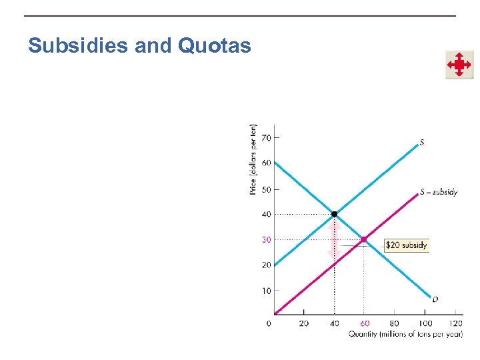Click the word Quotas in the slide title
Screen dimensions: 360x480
pyautogui.click(x=215, y=46)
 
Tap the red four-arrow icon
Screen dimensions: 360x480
pyautogui.click(x=459, y=65)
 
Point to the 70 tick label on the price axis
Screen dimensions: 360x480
pyautogui.click(x=266, y=138)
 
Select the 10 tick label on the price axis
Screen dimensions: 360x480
pyautogui.click(x=266, y=291)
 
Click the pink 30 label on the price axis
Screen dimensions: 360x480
pyautogui.click(x=266, y=240)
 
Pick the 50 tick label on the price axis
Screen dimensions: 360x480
pyautogui.click(x=266, y=189)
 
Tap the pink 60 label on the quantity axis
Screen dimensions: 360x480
pyautogui.click(x=365, y=323)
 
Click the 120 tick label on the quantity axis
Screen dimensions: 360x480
pyautogui.click(x=456, y=323)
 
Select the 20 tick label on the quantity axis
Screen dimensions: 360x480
pyautogui.click(x=304, y=323)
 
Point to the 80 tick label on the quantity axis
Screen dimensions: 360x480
pyautogui.click(x=395, y=323)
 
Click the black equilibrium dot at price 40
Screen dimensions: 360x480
pyautogui.click(x=335, y=214)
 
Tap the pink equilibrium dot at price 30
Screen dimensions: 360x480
pyautogui.click(x=363, y=239)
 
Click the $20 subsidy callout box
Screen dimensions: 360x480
pyautogui.click(x=406, y=245)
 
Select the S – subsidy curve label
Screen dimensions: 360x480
pyautogui.click(x=439, y=192)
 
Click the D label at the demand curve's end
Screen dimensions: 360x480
pyautogui.click(x=435, y=300)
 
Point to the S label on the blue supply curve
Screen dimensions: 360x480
pyautogui.click(x=422, y=141)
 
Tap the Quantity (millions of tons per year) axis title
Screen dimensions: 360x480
pyautogui.click(x=405, y=334)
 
